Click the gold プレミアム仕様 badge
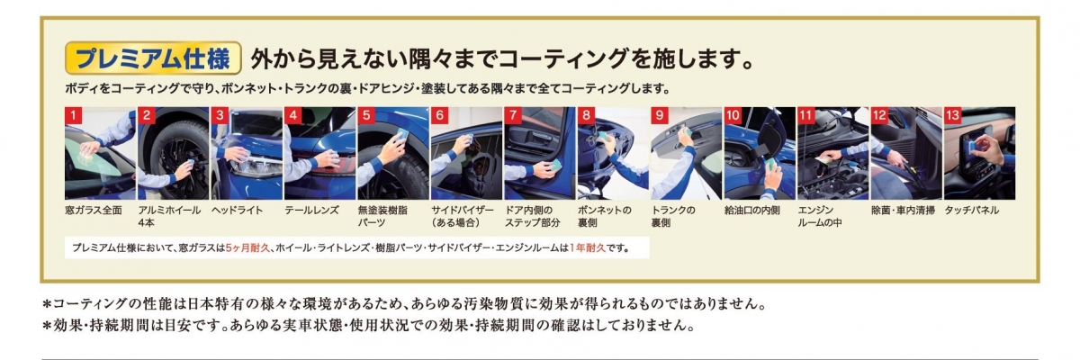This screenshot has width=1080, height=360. (x=153, y=58)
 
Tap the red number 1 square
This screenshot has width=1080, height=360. (x=73, y=116)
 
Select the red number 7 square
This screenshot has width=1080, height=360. (x=513, y=116)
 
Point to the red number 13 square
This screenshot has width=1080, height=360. (x=953, y=116)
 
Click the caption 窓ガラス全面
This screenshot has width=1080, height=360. (x=94, y=210)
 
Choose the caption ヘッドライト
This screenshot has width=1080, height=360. (x=238, y=210)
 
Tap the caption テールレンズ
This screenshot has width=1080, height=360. (x=311, y=210)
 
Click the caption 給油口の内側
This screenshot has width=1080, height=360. (x=752, y=210)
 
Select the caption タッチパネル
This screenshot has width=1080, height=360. (x=971, y=210)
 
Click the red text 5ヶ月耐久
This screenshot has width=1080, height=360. (x=247, y=248)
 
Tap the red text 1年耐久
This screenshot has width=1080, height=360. (x=587, y=248)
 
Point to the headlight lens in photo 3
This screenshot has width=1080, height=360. (x=256, y=167)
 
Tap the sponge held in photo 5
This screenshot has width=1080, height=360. (x=401, y=134)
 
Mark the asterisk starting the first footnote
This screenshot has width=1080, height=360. (x=47, y=304)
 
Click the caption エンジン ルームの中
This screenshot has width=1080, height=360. (x=820, y=216)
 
